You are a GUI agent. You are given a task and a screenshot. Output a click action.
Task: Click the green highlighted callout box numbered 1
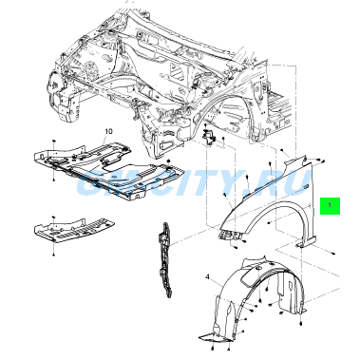coord(329,205)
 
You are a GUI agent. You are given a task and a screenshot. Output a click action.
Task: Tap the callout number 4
coord(206,275)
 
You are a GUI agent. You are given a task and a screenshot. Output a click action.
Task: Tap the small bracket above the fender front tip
coord(209,137)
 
